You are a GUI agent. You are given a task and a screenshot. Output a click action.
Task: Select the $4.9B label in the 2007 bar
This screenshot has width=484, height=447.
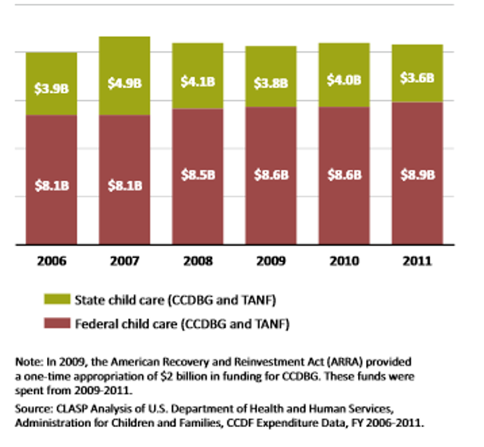(x=125, y=81)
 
